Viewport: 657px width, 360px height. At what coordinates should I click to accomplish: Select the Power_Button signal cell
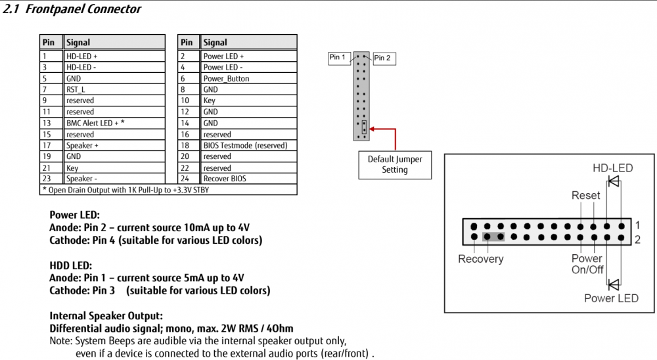[x=248, y=78]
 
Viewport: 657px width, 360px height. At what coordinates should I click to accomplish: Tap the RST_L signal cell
[x=114, y=89]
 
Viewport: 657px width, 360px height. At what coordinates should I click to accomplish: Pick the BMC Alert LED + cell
[x=114, y=124]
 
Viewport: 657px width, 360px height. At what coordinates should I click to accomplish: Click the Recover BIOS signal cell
[x=248, y=179]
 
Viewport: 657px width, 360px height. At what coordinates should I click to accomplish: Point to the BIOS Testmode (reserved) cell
[x=248, y=145]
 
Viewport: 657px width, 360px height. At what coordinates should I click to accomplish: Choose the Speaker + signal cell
[x=114, y=145]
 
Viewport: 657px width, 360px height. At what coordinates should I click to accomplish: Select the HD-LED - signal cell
[x=114, y=67]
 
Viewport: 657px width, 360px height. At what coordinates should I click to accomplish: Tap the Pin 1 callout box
[x=338, y=58]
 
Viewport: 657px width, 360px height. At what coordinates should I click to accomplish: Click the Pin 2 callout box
[x=384, y=58]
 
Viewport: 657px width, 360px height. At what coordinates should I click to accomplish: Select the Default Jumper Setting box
[x=395, y=165]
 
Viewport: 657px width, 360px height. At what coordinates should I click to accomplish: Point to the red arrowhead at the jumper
[x=372, y=129]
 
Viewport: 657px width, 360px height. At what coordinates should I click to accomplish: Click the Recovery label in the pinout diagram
[x=481, y=259]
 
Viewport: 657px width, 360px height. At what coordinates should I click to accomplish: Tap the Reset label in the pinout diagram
[x=586, y=195]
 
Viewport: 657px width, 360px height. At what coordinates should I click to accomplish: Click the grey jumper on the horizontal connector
[x=493, y=237]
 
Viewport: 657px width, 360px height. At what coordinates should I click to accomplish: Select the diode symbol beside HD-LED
[x=614, y=181]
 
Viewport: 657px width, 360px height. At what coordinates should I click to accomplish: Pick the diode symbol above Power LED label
[x=614, y=285]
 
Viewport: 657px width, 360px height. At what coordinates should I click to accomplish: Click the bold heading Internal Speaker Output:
[x=106, y=315]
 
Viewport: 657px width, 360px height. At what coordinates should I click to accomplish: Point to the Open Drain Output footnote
[x=125, y=190]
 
